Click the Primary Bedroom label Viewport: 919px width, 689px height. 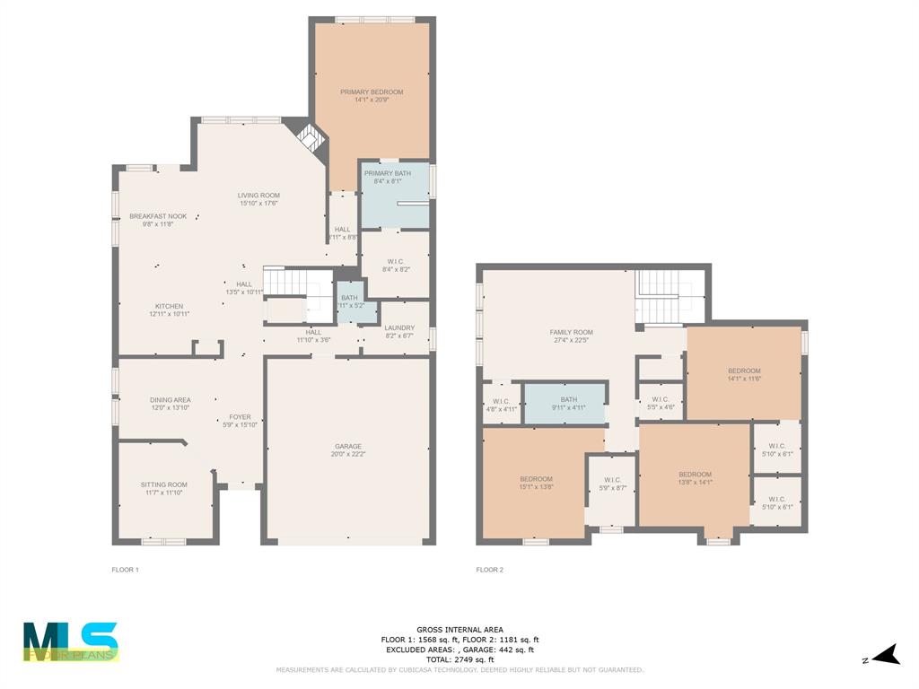pos(371,92)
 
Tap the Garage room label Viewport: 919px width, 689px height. pos(348,446)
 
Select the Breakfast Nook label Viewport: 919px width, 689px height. pos(158,216)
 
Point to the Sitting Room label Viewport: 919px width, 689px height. pos(164,484)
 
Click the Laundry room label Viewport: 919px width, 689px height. pos(399,328)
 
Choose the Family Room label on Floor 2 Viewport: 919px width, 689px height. pos(571,332)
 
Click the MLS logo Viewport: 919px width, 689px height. pos(70,641)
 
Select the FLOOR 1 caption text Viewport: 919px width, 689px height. pos(125,570)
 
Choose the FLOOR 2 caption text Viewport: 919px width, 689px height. pos(489,570)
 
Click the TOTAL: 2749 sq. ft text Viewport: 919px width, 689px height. pos(459,659)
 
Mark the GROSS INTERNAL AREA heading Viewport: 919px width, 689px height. pos(459,630)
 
